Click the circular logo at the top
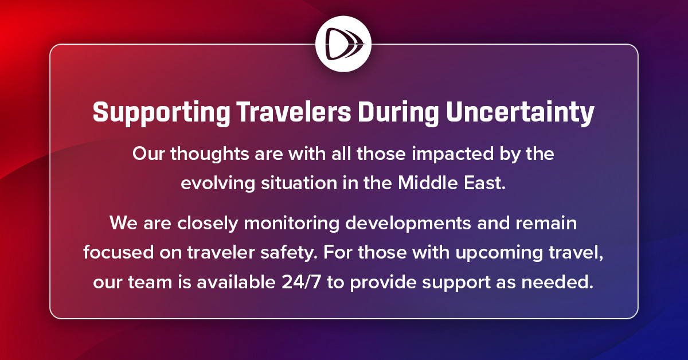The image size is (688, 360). pos(343,44)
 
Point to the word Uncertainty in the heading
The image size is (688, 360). pos(521,113)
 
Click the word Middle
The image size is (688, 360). pos(423,184)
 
